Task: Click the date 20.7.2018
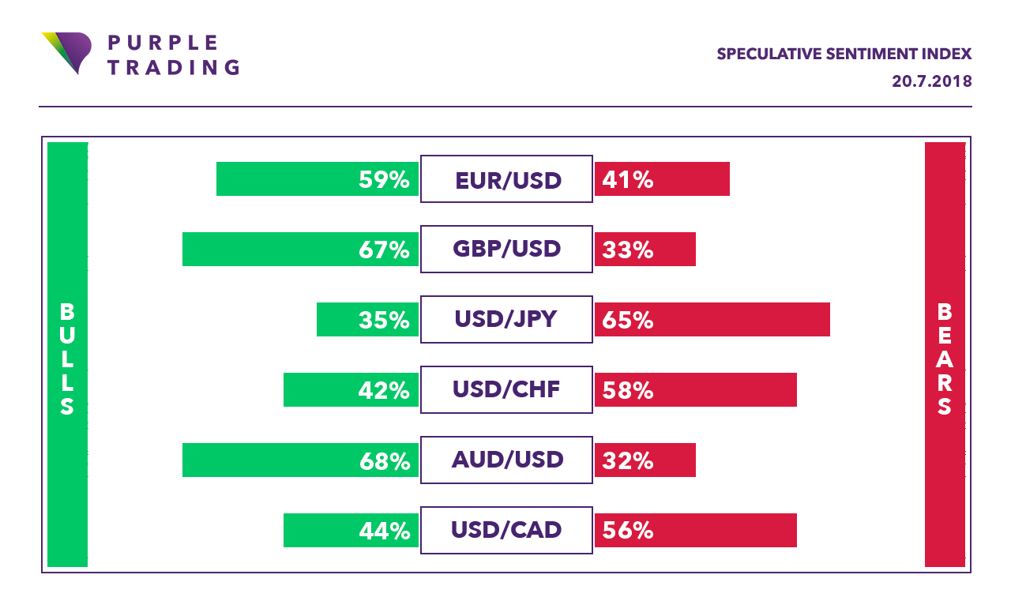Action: (x=932, y=81)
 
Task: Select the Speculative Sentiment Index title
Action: (x=844, y=54)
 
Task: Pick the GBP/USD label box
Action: (x=506, y=250)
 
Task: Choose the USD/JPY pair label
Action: (x=506, y=319)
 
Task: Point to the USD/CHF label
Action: (x=506, y=389)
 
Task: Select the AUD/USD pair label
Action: (x=507, y=460)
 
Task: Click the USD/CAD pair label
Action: (x=506, y=529)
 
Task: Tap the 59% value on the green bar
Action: (x=384, y=180)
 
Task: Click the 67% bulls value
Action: (x=384, y=250)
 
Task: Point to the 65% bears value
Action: (x=628, y=320)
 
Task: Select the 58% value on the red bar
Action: (x=628, y=389)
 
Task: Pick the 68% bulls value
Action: (x=384, y=460)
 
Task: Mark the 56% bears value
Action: (x=628, y=530)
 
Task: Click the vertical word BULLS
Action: (x=67, y=359)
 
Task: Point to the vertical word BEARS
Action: (x=945, y=359)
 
